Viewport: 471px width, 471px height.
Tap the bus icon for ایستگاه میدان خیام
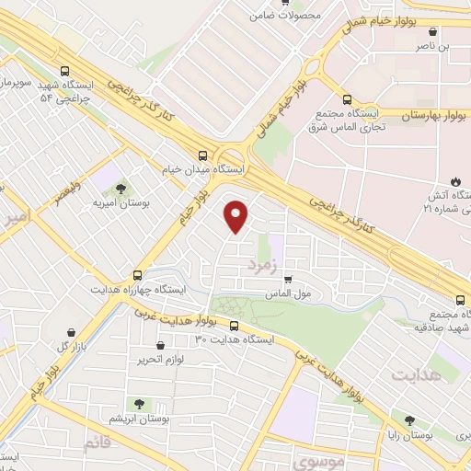201,155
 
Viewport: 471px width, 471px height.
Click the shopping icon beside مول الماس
289,280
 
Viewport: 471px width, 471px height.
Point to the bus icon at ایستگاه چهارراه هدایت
138,274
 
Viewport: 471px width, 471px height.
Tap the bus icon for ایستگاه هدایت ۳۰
234,326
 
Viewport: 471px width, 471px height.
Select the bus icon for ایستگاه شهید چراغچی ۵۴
63,71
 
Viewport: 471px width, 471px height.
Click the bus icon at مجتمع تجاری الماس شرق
347,99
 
